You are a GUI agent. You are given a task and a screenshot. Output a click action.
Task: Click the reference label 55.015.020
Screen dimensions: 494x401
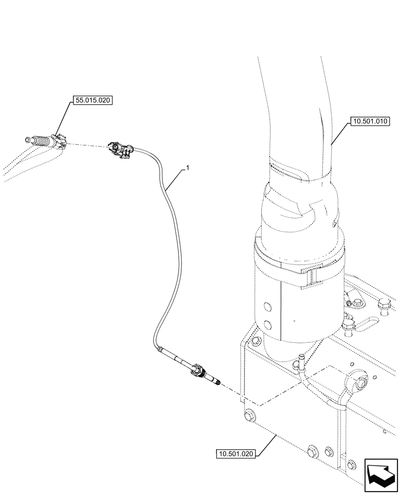[93, 101]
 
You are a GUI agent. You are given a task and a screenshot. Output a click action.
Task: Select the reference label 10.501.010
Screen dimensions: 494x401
[370, 121]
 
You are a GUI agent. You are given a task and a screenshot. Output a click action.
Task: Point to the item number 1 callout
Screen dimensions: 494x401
[187, 169]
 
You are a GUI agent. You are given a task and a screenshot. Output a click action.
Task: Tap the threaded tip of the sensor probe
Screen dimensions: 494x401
[218, 381]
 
